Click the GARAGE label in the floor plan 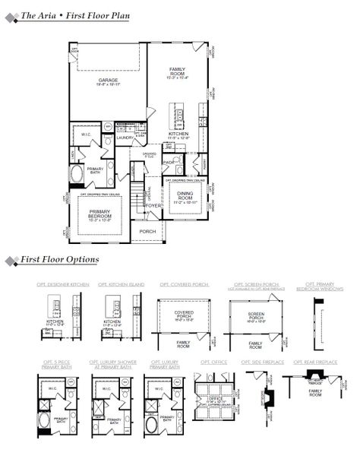[x=107, y=81]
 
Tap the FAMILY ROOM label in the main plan [x=177, y=71]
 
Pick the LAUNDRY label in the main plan [x=125, y=138]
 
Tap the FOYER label [x=153, y=205]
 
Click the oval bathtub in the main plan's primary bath [x=77, y=175]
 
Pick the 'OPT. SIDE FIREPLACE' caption [x=264, y=362]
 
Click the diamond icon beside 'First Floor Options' [x=11, y=261]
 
